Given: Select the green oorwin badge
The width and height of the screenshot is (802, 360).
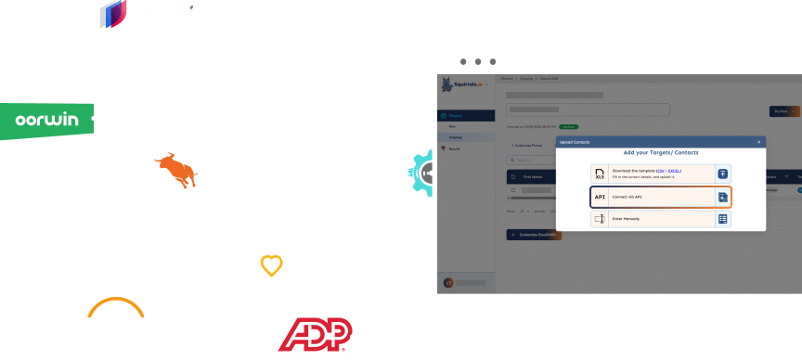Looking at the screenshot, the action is click(46, 120).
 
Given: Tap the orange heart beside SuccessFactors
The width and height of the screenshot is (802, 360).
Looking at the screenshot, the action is click(271, 265).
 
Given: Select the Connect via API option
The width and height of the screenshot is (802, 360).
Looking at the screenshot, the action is click(660, 197).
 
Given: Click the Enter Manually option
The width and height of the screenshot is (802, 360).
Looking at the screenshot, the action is click(660, 219).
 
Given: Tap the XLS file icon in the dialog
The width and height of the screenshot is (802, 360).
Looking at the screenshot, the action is click(601, 174).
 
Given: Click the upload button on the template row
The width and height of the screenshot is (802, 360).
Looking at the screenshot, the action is click(722, 174).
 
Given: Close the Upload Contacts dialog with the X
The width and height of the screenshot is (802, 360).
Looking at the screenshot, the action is click(758, 141).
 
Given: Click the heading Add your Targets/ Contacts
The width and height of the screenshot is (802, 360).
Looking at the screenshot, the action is click(660, 152).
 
